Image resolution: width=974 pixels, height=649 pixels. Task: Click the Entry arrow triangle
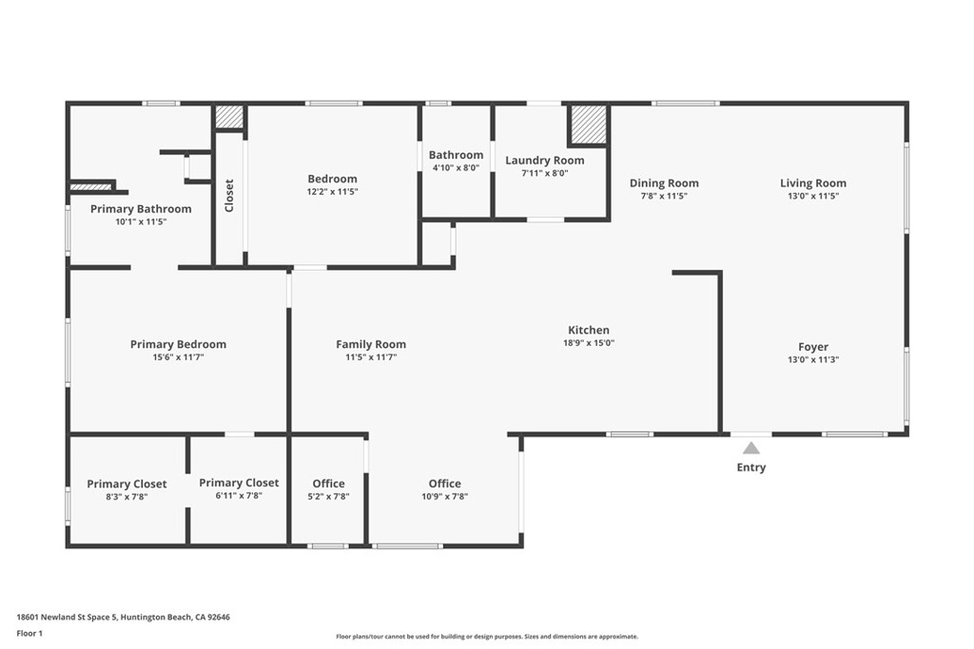point(751,448)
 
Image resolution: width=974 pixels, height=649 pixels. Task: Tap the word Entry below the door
point(751,468)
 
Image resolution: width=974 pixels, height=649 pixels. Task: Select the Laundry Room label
point(544,161)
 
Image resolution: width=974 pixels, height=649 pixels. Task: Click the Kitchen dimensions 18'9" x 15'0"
point(590,343)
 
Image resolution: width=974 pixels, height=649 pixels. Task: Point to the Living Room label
point(813,183)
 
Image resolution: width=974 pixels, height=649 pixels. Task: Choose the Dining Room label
point(664,183)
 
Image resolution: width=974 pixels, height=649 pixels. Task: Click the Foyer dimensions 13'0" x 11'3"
point(813,359)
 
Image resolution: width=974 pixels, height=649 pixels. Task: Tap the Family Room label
point(371,344)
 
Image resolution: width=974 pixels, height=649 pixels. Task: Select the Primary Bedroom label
point(179,344)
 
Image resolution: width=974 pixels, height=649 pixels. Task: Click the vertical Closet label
point(229,196)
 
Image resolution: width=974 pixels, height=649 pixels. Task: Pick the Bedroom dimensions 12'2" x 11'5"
point(333,191)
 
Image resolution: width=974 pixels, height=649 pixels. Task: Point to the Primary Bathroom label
point(141,209)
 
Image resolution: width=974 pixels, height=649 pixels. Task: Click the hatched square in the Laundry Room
point(588,124)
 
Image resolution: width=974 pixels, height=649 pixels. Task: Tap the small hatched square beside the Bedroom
point(228,116)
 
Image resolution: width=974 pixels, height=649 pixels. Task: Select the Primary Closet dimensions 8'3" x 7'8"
point(127,496)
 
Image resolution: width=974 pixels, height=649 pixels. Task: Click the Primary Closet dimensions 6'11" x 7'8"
point(239,495)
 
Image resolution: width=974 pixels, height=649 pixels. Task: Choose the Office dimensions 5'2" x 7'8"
point(329,496)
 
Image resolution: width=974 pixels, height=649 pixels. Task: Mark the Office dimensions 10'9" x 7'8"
point(444,496)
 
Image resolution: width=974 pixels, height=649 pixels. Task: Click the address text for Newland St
point(123,617)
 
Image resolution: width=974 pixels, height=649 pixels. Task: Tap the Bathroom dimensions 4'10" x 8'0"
point(456,167)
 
